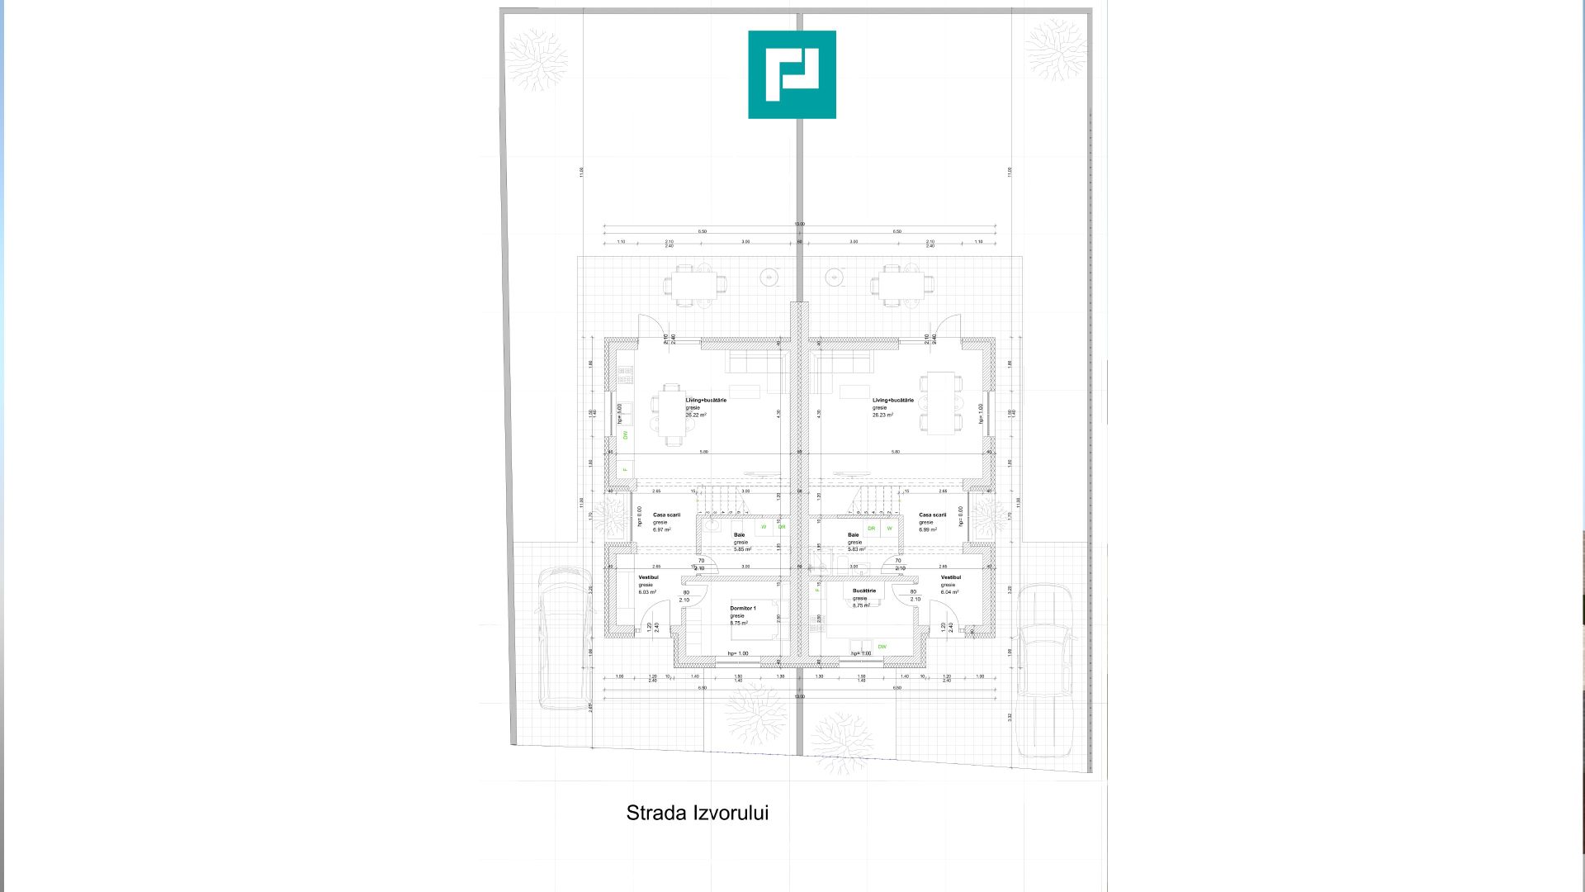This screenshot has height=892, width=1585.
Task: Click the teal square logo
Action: pos(792,74)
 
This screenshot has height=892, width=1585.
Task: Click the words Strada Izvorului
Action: pos(698,813)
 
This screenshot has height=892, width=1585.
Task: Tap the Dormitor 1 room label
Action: pos(742,609)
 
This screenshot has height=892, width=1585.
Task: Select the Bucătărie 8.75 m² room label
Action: pos(863,591)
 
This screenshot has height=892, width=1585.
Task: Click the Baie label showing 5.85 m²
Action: pos(739,535)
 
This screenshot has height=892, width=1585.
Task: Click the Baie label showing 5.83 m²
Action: pos(854,535)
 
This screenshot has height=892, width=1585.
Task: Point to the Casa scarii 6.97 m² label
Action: pos(666,515)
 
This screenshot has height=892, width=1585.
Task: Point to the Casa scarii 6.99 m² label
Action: pos(932,515)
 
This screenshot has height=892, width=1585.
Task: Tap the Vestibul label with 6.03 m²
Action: pos(648,578)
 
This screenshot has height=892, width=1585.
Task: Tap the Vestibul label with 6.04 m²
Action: pos(950,578)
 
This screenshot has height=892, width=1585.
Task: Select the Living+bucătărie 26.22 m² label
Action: pos(706,401)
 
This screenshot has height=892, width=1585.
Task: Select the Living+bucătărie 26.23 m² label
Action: pos(892,401)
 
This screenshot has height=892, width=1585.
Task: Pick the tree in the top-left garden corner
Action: pos(537,59)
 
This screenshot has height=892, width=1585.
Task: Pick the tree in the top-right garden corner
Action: pos(1055,50)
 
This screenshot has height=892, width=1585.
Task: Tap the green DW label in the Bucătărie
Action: pos(882,647)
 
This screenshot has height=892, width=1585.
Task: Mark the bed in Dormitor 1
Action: pos(764,620)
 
